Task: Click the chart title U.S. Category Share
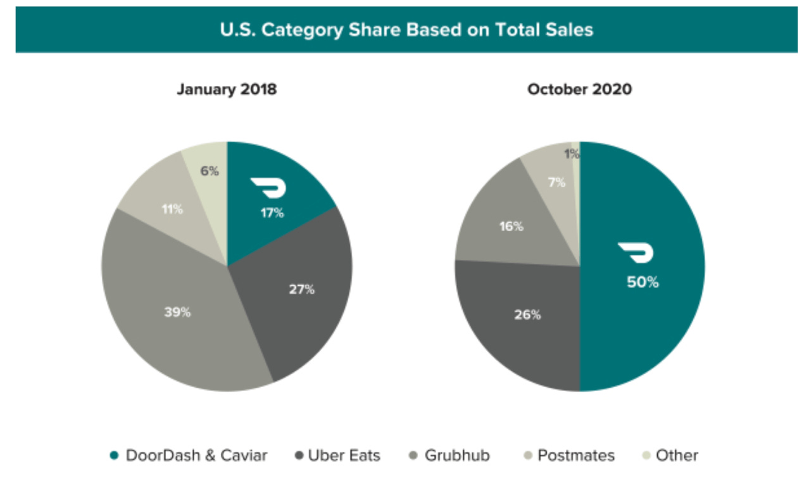pos(406,30)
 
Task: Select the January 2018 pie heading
pos(227,89)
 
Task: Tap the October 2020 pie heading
pos(579,89)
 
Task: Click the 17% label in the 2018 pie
pos(272,213)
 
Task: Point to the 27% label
pos(301,290)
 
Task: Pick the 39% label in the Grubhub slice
pos(177,312)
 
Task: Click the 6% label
pos(210,171)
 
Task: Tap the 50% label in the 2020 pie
pos(643,282)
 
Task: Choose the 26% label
pos(527,314)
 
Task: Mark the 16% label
pos(511,226)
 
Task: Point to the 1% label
pos(572,154)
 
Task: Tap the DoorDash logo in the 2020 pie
pos(636,253)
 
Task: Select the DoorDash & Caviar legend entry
pos(189,455)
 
